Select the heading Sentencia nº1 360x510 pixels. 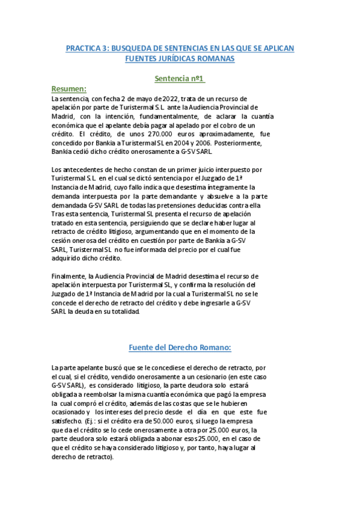180,79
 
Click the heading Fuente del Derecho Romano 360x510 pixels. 180,347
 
